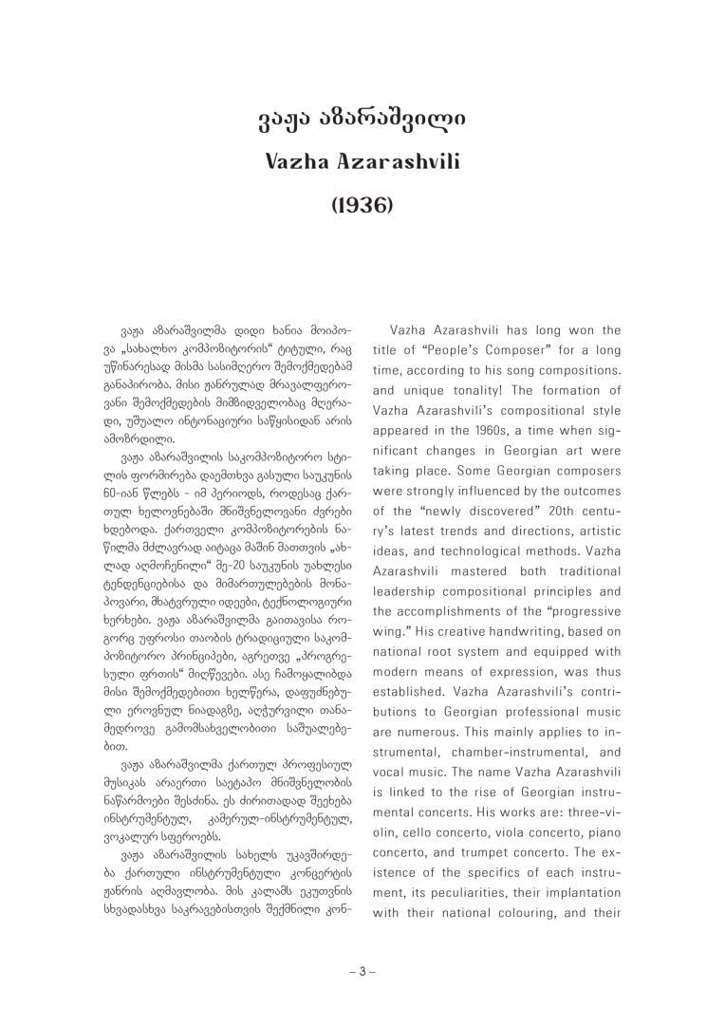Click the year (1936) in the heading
pos(362,205)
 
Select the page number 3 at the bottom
pos(362,971)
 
